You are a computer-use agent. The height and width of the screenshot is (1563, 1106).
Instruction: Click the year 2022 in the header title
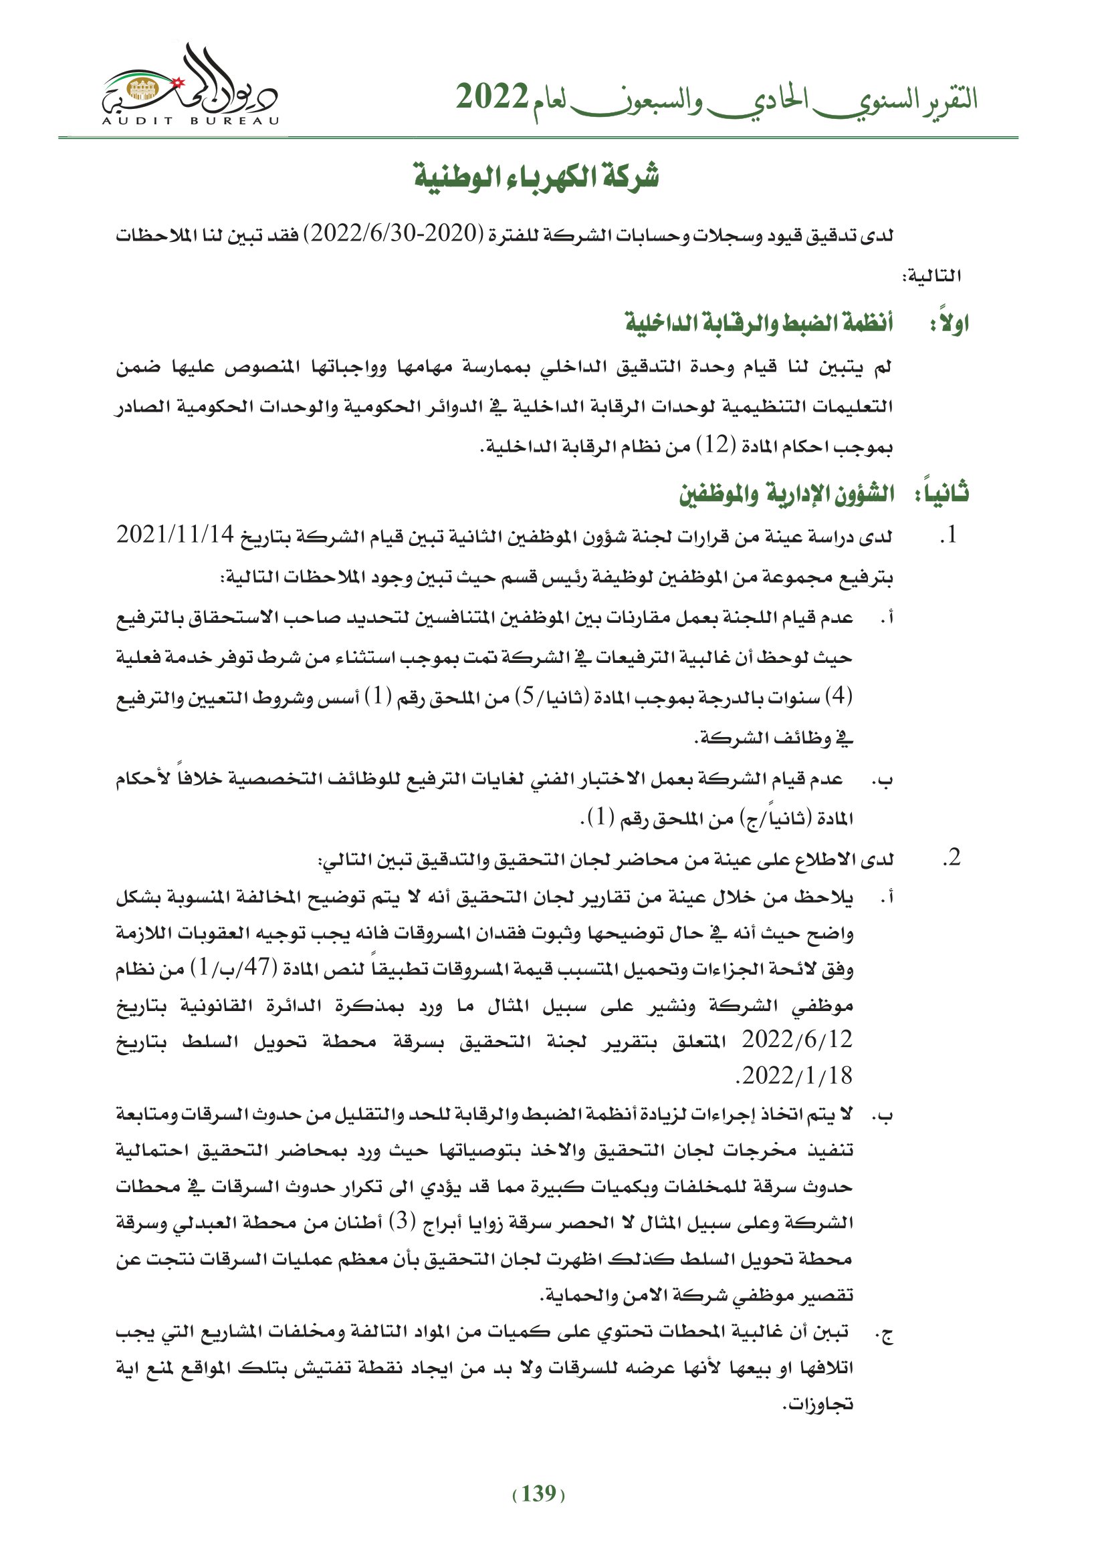pyautogui.click(x=491, y=99)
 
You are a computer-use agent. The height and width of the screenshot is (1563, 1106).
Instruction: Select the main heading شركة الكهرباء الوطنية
pyautogui.click(x=538, y=177)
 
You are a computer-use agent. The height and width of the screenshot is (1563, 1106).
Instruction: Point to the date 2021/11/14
pyautogui.click(x=176, y=535)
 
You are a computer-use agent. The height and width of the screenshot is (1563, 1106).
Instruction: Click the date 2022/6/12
pyautogui.click(x=797, y=1039)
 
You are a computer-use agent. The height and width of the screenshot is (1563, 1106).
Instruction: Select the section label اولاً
pyautogui.click(x=950, y=322)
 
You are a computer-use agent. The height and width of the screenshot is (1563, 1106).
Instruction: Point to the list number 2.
pyautogui.click(x=951, y=859)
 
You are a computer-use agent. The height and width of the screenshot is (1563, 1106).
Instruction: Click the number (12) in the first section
pyautogui.click(x=716, y=446)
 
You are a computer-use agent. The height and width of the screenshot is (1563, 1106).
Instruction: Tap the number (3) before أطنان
pyautogui.click(x=402, y=1222)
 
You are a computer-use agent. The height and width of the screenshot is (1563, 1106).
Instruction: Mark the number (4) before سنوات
pyautogui.click(x=839, y=696)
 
